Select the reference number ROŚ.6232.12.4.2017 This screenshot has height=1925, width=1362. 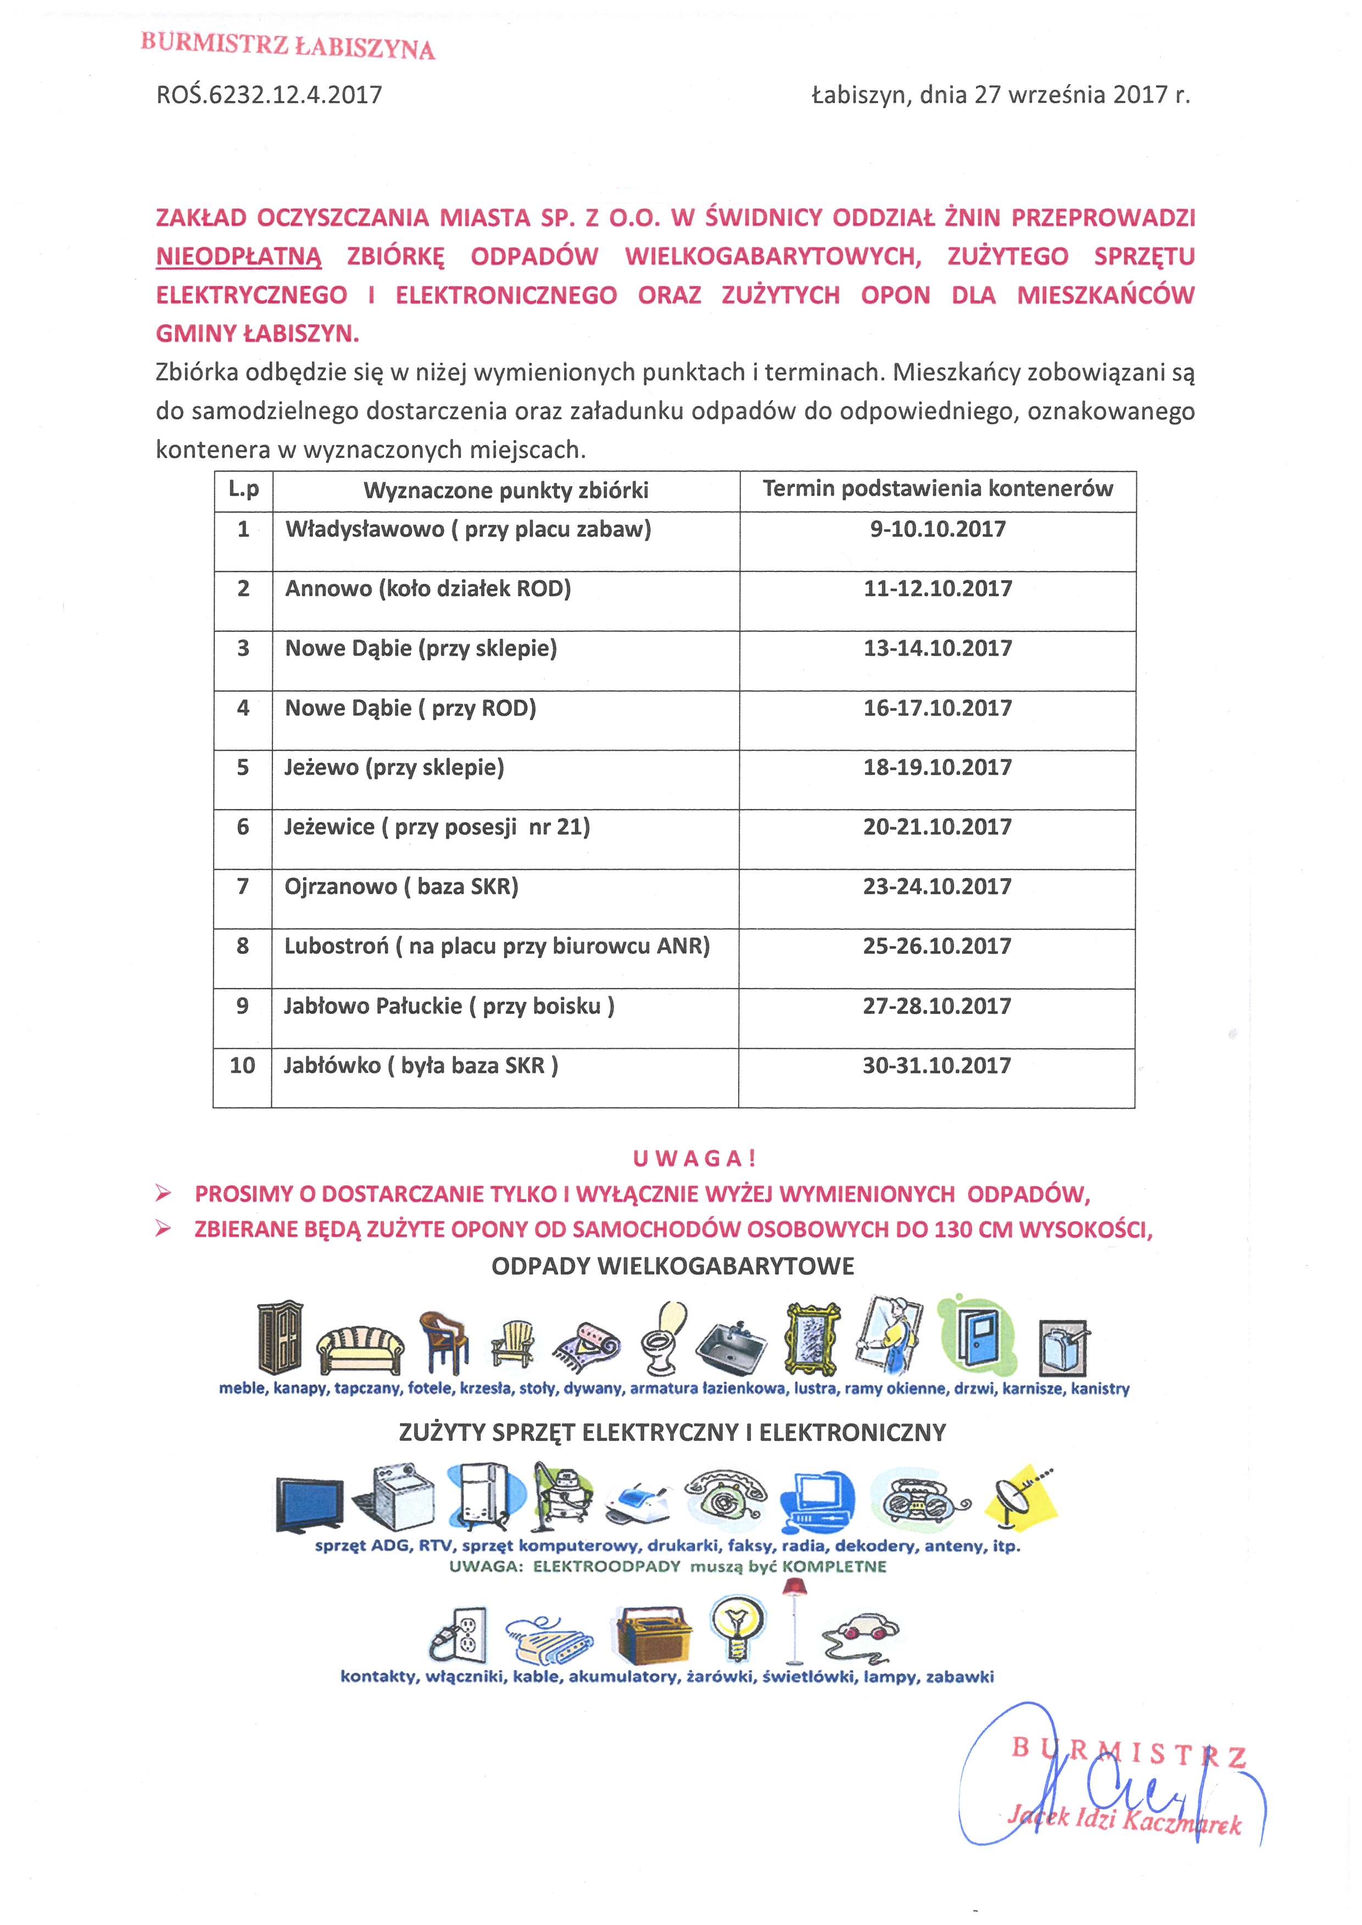point(269,95)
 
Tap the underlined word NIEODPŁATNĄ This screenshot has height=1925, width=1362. point(238,256)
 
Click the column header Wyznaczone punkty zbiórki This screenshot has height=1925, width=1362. point(506,491)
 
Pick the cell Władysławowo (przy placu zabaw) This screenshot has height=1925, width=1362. point(468,530)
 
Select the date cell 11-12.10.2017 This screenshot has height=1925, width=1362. point(937,588)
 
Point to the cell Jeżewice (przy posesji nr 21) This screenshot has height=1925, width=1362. point(437,828)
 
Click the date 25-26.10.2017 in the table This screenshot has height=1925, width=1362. point(937,946)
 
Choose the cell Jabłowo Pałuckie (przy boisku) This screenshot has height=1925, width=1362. point(449,1006)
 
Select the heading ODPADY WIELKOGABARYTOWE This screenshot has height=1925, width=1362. point(673,1266)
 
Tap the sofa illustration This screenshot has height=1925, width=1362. point(360,1346)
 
